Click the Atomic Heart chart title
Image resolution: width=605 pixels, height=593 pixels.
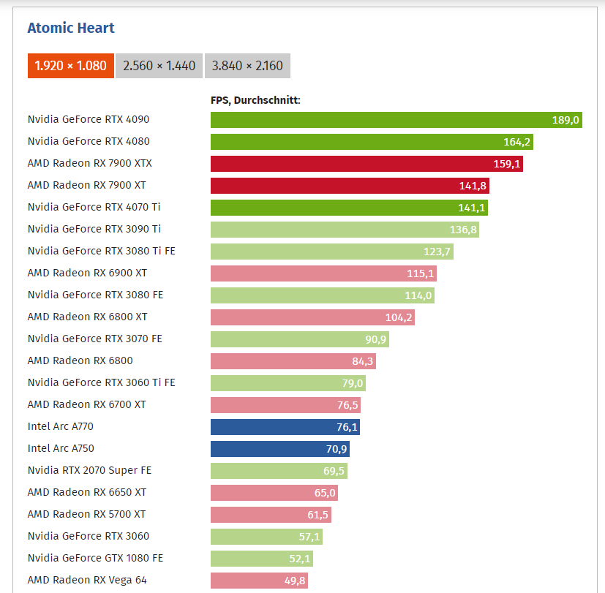coord(71,29)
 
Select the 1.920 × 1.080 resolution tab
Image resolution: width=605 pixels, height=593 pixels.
coord(70,66)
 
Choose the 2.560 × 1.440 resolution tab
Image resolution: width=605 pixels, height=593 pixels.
coord(159,66)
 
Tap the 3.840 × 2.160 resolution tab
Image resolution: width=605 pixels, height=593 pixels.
coord(247,66)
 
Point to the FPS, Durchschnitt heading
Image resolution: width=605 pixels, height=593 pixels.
coord(255,101)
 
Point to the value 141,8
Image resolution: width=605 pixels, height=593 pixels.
coord(473,186)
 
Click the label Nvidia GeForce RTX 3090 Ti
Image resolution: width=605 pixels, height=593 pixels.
coord(94,229)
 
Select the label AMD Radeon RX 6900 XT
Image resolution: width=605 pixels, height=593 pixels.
coord(87,273)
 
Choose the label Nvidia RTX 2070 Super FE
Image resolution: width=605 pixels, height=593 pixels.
coord(89,470)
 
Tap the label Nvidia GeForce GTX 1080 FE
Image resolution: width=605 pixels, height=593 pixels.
coord(95,558)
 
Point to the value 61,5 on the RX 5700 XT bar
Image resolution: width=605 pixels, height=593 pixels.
coord(317,515)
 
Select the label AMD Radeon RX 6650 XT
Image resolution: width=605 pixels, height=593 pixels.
coord(87,492)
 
